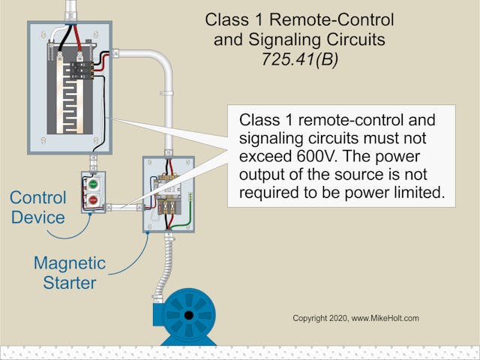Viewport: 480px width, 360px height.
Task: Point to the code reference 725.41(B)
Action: [299, 59]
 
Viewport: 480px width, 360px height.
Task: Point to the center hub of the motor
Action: [182, 315]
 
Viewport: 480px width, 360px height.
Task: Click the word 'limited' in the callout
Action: [412, 193]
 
